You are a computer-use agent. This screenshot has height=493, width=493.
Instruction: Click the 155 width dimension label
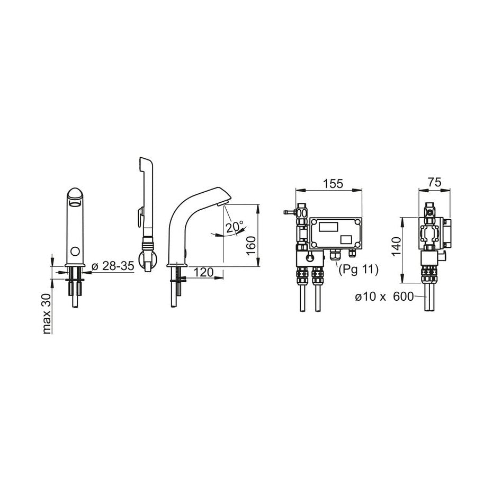tap(334, 184)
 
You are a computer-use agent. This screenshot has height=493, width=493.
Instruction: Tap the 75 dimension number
tap(435, 182)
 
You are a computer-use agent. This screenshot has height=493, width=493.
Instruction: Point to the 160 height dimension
tap(251, 246)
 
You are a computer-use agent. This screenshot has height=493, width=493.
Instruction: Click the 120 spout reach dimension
tap(204, 272)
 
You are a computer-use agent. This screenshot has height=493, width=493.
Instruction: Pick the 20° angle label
tap(234, 227)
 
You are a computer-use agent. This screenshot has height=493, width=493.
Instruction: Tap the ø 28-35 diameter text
tap(113, 266)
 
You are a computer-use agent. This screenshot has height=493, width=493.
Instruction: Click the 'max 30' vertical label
tap(46, 313)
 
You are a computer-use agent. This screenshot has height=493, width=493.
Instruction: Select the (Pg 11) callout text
tap(358, 270)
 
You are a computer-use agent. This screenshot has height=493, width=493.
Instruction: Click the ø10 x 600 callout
tap(384, 297)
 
